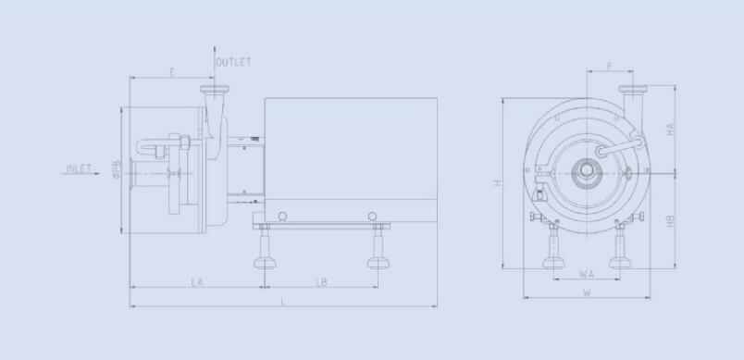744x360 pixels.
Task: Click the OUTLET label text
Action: (233, 62)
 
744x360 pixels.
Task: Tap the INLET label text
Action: (79, 168)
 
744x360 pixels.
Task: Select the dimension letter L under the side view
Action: (283, 302)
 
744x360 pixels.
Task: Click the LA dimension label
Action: (197, 282)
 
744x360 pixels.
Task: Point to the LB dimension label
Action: (321, 282)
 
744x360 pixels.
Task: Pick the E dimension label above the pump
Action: (172, 72)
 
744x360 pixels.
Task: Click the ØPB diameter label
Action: (117, 168)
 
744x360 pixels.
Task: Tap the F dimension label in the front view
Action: (610, 66)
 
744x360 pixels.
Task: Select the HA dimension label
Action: (670, 129)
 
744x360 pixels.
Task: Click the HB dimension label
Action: (670, 220)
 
